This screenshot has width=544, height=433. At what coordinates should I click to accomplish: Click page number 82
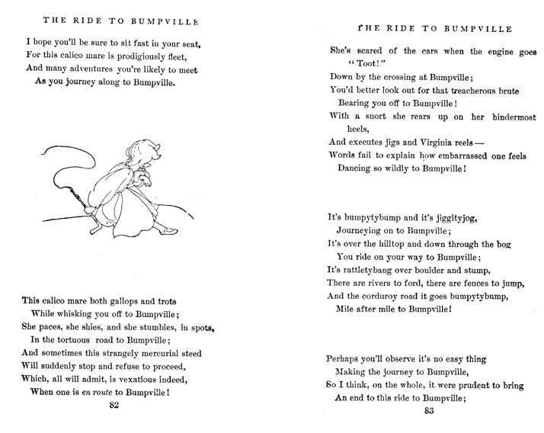pos(114,405)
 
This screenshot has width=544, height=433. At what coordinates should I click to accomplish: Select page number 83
pos(428,412)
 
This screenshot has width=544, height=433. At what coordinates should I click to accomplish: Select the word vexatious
pos(154,379)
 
